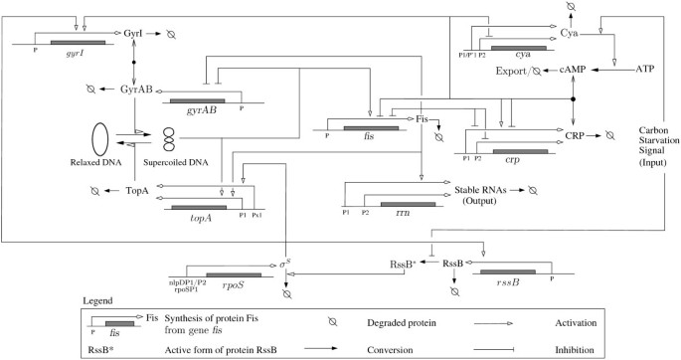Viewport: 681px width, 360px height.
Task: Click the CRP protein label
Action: (575, 134)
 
